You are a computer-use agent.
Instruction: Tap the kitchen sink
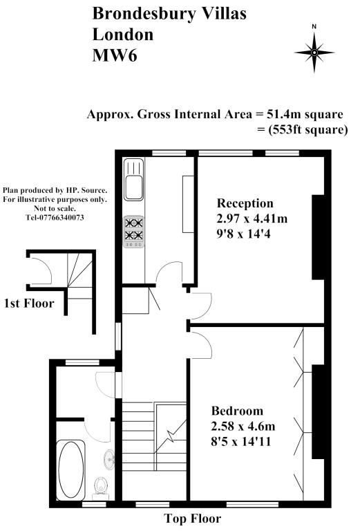click(x=133, y=180)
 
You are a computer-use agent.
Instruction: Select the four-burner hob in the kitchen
click(x=134, y=232)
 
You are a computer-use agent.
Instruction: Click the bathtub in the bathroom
click(x=70, y=469)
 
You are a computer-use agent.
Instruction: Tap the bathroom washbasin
click(x=109, y=459)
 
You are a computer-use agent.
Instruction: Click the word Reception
click(x=245, y=203)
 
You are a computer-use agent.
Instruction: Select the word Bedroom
click(x=237, y=411)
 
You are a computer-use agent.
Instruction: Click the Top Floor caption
click(x=193, y=519)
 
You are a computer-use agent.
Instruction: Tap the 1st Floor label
click(x=29, y=303)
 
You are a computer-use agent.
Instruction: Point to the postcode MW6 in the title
click(x=115, y=55)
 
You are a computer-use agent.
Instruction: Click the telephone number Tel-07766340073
click(x=55, y=217)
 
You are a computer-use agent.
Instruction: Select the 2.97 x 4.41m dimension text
click(x=252, y=218)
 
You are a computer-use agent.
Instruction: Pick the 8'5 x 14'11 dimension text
click(x=241, y=441)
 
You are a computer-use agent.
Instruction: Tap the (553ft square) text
click(x=308, y=129)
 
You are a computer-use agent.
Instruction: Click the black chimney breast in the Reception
click(x=318, y=237)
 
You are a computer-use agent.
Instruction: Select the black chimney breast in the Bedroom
click(x=318, y=412)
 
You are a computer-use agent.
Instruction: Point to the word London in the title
click(x=123, y=35)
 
